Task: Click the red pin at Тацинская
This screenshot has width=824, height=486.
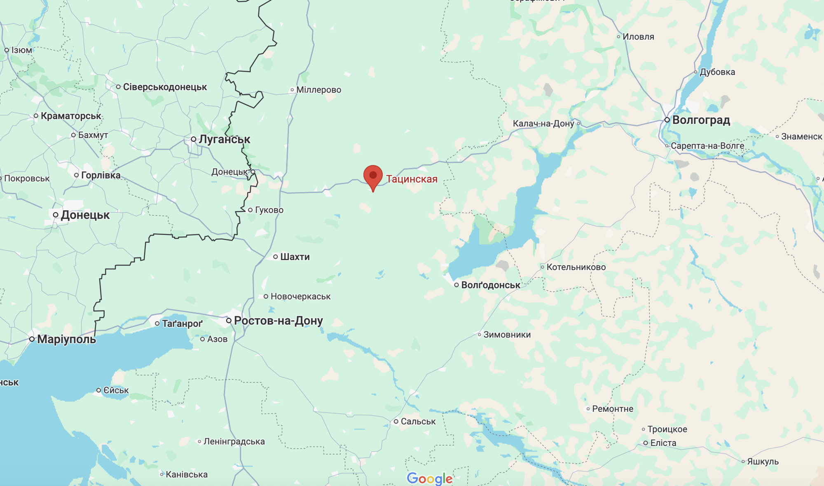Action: (373, 176)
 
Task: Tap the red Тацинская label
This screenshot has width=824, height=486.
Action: (412, 179)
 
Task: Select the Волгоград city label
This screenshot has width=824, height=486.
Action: (701, 120)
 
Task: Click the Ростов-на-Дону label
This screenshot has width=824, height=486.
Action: (278, 321)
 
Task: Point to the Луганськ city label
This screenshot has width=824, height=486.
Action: (224, 139)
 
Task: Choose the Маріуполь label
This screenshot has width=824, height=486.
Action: (66, 339)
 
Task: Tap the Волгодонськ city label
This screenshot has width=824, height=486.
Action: (491, 285)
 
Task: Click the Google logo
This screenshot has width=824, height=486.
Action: (429, 479)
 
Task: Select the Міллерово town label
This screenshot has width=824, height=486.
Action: (318, 90)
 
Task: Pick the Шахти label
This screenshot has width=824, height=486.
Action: (295, 257)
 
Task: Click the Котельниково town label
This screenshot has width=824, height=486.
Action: (576, 267)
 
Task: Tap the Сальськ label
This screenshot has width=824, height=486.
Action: (418, 421)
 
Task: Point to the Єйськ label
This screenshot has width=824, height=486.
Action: (116, 390)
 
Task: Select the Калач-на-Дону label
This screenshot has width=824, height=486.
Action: (543, 124)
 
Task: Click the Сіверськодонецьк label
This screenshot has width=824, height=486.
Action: (165, 87)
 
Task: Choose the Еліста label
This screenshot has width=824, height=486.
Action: (663, 443)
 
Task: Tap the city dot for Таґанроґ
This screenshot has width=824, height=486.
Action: (157, 324)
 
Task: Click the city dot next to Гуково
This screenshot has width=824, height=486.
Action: (250, 210)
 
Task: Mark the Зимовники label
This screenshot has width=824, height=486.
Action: (507, 335)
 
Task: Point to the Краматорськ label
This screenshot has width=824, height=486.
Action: (71, 116)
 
